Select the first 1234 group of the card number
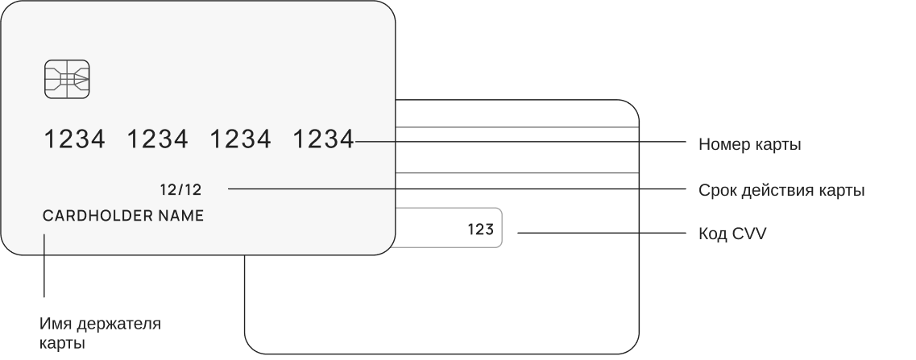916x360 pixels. (x=74, y=140)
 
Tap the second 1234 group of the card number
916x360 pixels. (x=158, y=140)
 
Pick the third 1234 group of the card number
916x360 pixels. (x=240, y=140)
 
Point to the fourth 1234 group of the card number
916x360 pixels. (x=323, y=140)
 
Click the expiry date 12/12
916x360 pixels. (x=181, y=190)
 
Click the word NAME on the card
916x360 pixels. (x=180, y=216)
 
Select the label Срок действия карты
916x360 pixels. (x=781, y=191)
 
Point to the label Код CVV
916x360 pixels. (x=732, y=234)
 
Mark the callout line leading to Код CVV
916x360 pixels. (x=600, y=234)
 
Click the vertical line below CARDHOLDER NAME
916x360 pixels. (x=44, y=266)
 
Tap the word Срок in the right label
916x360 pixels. (x=715, y=191)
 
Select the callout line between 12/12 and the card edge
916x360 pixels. (x=310, y=188)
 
